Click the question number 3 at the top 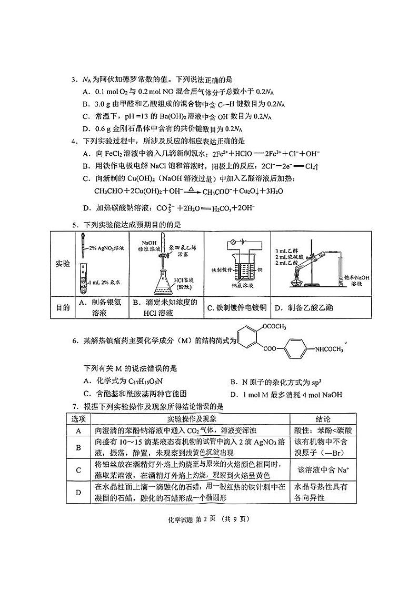[74, 80]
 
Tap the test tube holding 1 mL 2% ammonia [83, 279]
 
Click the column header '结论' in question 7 [323, 419]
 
